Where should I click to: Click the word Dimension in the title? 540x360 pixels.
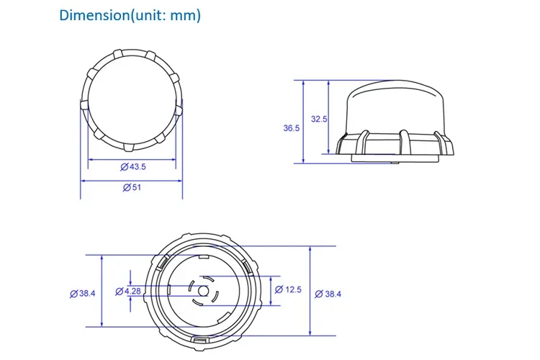pyautogui.click(x=94, y=16)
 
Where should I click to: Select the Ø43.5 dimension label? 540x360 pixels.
pyautogui.click(x=133, y=167)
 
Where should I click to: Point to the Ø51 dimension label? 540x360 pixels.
pyautogui.click(x=132, y=187)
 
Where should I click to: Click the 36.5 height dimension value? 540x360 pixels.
pyautogui.click(x=292, y=128)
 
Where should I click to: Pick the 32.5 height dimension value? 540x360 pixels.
pyautogui.click(x=319, y=120)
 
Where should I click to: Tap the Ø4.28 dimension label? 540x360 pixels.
pyautogui.click(x=128, y=292)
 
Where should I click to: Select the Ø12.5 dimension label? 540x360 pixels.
pyautogui.click(x=288, y=289)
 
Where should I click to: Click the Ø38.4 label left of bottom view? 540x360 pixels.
pyautogui.click(x=83, y=294)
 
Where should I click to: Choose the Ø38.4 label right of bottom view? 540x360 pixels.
pyautogui.click(x=328, y=294)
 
